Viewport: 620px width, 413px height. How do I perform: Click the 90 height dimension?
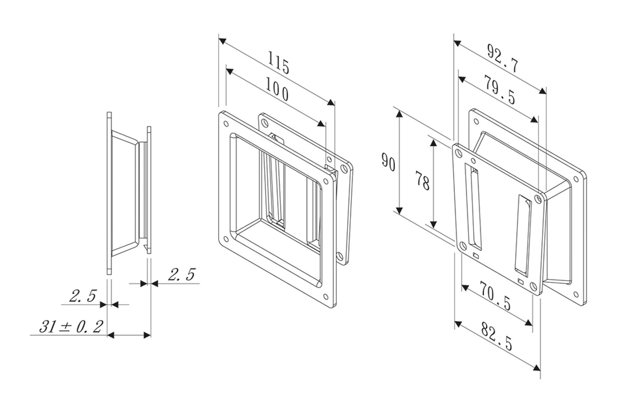pos(388,162)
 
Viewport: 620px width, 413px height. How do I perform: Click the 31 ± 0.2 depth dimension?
pos(71,327)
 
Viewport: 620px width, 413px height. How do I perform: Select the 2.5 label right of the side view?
pos(181,275)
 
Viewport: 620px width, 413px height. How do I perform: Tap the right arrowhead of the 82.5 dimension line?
pos(537,368)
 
